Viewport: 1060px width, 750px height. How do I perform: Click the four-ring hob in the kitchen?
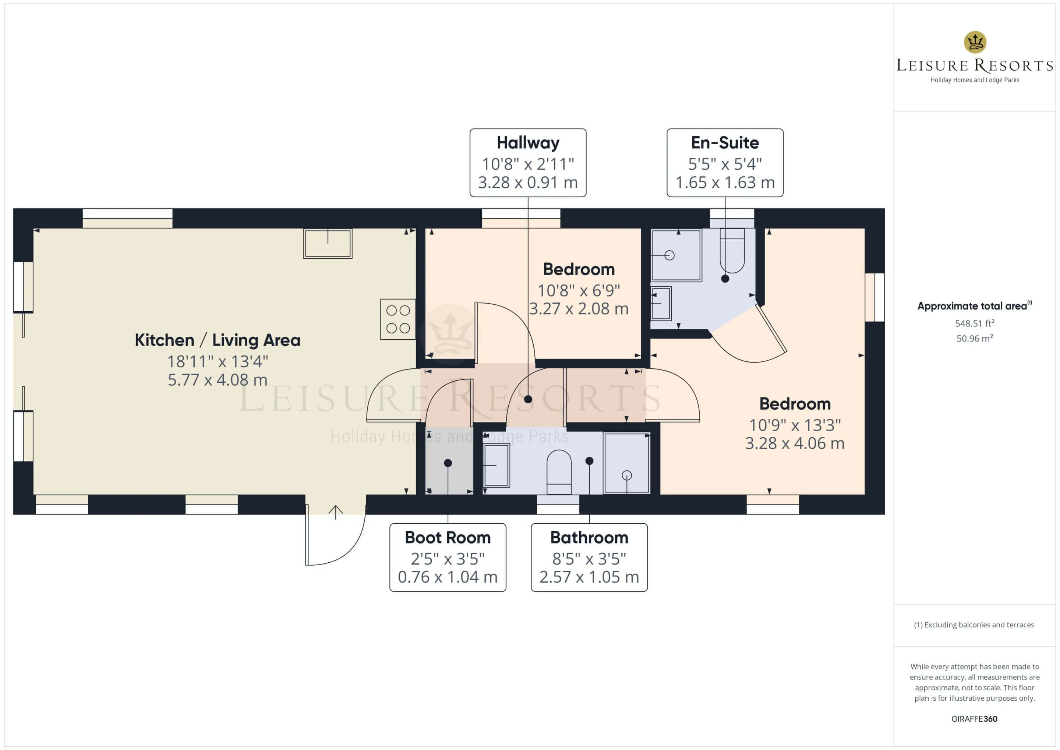pos(397,319)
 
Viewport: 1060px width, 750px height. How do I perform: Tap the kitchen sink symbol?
pos(328,243)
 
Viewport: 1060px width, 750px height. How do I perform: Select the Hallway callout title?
pos(528,143)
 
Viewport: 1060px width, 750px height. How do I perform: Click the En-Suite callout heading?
pos(725,143)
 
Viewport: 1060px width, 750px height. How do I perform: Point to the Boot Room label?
pos(448,538)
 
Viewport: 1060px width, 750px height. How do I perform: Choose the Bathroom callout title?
pos(589,538)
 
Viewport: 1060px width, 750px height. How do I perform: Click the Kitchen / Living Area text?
pos(218,340)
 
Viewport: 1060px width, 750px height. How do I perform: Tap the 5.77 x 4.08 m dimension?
pos(218,380)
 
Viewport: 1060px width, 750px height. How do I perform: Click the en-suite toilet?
pos(732,251)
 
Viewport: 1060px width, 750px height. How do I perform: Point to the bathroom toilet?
pos(559,472)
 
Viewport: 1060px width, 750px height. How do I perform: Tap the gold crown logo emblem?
pos(975,42)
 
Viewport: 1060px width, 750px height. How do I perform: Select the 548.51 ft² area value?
pos(975,323)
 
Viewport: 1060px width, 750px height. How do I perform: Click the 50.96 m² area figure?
pos(975,339)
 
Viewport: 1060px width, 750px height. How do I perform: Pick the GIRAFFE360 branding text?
pos(974,719)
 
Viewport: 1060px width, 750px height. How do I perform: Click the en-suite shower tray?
pos(676,255)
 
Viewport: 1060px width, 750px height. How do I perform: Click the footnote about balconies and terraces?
pos(974,625)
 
